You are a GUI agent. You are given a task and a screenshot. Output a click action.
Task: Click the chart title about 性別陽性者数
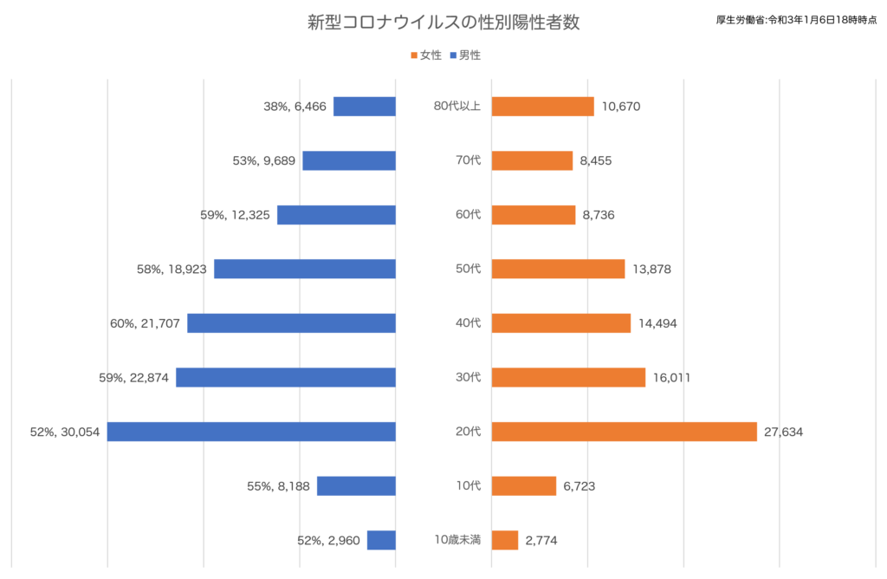[443, 22]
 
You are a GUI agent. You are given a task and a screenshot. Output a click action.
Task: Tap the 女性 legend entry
[426, 55]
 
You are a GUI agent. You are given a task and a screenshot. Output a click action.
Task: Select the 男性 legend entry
[465, 55]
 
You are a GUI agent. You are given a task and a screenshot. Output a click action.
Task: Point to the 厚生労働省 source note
[797, 20]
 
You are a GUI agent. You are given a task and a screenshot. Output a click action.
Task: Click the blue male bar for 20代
[251, 432]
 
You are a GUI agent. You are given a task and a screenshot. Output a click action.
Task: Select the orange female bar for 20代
[624, 432]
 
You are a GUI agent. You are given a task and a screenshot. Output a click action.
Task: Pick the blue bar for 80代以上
[365, 107]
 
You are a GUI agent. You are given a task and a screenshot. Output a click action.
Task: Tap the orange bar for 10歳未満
[505, 540]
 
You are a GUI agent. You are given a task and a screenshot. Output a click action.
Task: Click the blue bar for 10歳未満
[381, 540]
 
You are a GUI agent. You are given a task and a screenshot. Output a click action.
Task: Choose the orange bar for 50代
[559, 269]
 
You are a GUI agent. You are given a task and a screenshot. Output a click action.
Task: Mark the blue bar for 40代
[291, 323]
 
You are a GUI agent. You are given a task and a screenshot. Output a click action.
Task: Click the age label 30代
[469, 377]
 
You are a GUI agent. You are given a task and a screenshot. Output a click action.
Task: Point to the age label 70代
[469, 160]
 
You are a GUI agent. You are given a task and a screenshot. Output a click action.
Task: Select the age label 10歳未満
[457, 540]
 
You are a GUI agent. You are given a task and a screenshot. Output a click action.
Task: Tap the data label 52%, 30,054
[65, 432]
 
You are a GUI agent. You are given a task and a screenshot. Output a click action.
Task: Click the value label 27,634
[783, 432]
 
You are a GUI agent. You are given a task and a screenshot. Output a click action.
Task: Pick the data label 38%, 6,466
[295, 107]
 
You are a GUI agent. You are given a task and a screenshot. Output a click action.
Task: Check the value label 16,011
[671, 378]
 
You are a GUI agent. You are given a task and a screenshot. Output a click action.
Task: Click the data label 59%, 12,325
[235, 215]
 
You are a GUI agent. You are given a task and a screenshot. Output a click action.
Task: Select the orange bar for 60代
[534, 215]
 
